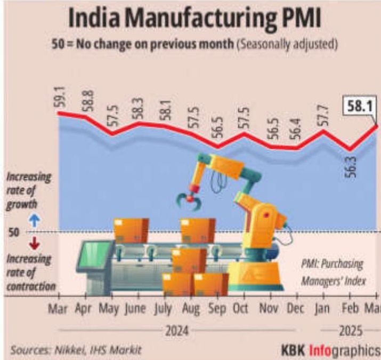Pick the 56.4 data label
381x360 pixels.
point(296,132)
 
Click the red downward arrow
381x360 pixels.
point(21,246)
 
